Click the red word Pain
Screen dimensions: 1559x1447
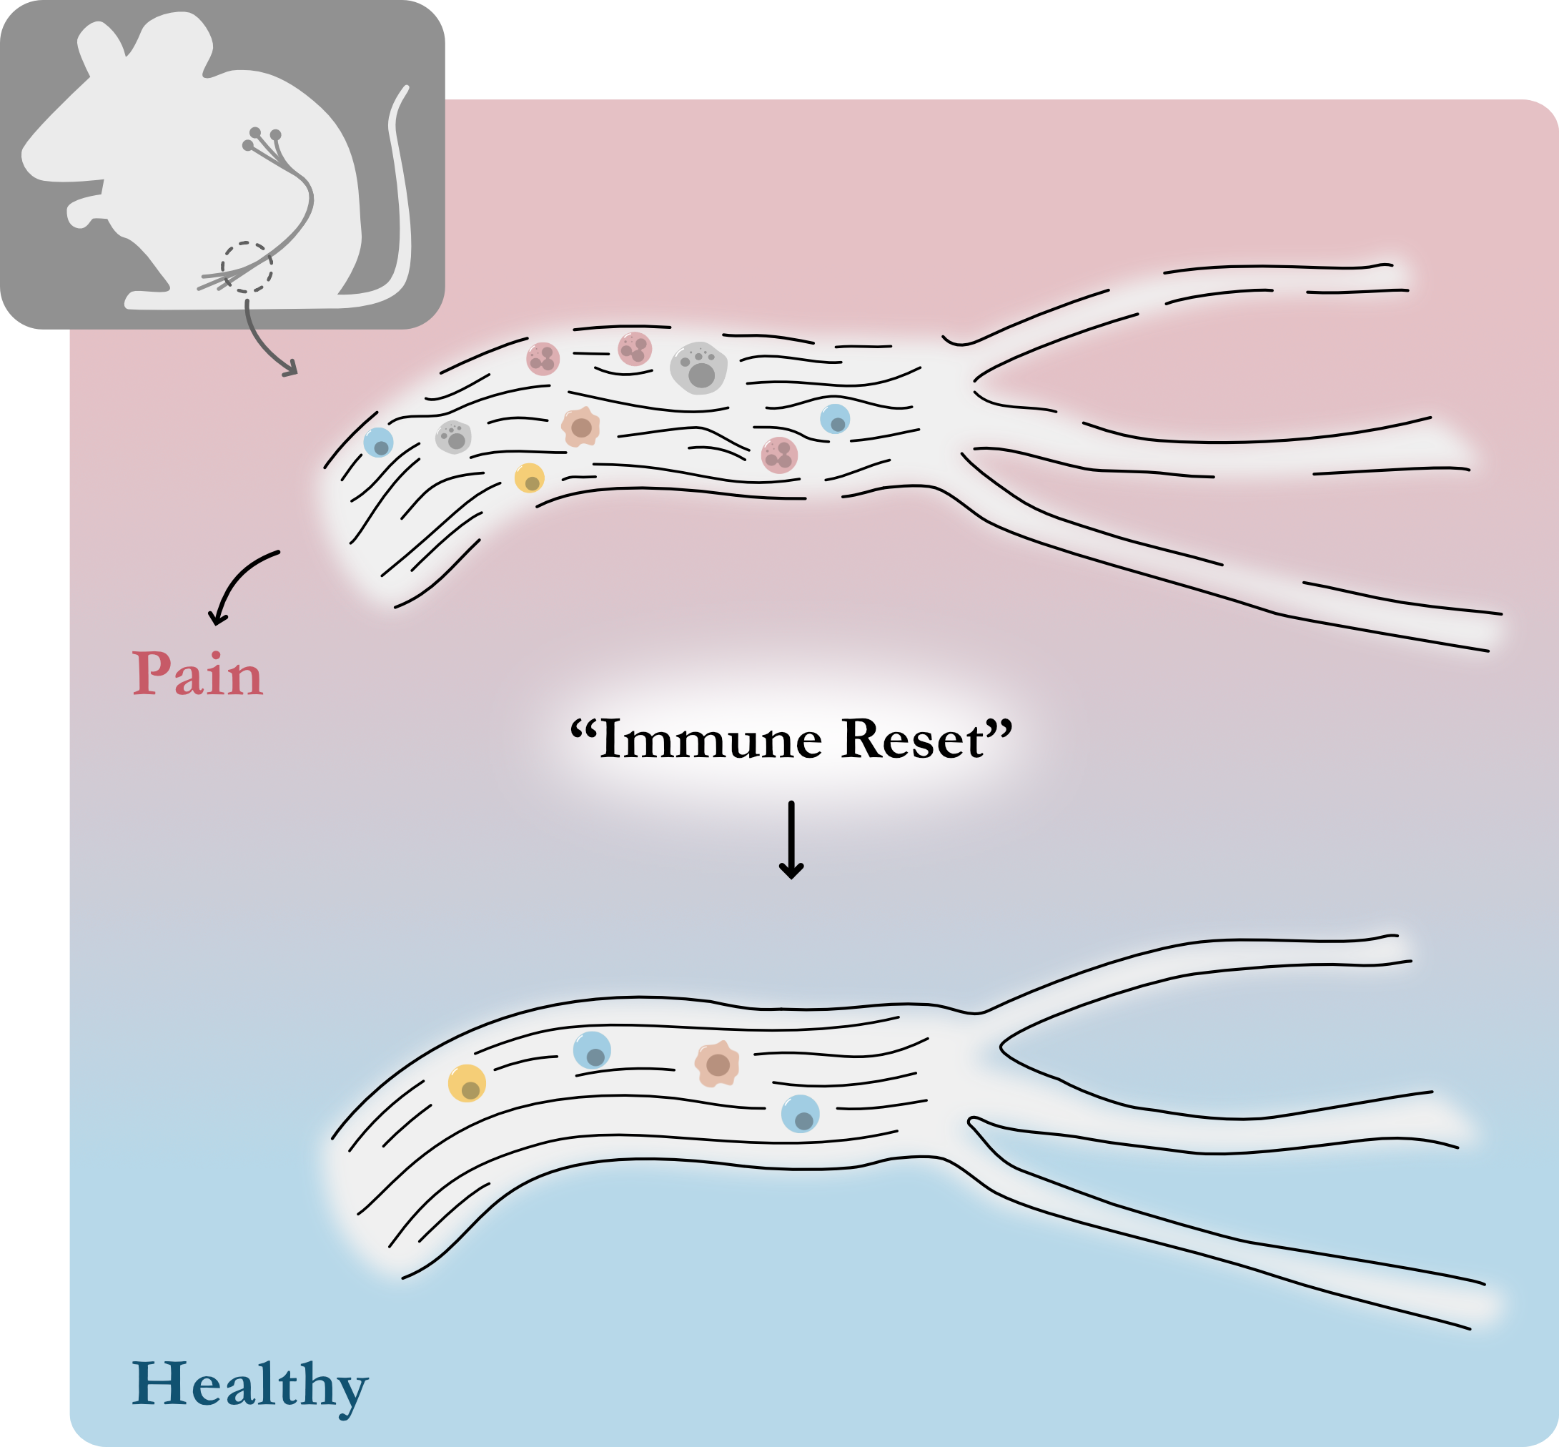point(197,673)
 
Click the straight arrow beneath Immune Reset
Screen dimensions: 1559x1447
point(791,839)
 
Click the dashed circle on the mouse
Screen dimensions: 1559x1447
point(247,267)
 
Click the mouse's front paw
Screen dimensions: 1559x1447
point(82,212)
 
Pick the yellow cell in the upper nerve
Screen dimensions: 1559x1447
point(530,478)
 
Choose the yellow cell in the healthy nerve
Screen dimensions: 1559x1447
point(467,1084)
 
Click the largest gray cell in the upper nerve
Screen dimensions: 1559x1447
point(698,367)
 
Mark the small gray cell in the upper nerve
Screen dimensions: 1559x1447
point(454,437)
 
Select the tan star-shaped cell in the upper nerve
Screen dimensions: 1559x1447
point(580,427)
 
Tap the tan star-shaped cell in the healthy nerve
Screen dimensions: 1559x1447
point(716,1063)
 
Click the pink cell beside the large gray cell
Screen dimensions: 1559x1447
point(635,349)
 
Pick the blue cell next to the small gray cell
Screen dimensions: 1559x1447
point(379,443)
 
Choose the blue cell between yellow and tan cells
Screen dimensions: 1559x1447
point(592,1050)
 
